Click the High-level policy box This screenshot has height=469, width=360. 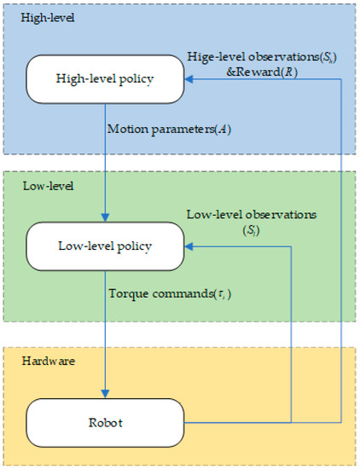point(105,79)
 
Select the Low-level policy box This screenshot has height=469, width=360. point(105,246)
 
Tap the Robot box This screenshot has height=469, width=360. point(105,420)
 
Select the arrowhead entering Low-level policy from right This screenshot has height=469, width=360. point(189,246)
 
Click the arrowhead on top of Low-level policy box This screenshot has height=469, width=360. point(105,219)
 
